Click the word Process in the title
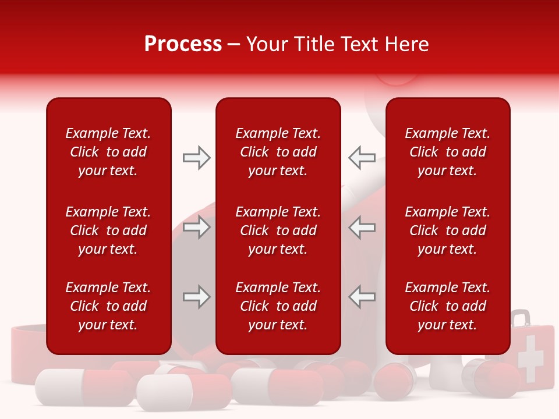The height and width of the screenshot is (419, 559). point(183,44)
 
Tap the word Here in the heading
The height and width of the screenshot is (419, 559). point(406,44)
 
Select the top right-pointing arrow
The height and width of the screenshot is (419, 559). point(197,158)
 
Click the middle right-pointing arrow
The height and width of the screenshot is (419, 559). point(197,227)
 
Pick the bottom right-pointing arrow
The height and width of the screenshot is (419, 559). point(197,297)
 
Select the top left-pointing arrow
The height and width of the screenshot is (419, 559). point(362,158)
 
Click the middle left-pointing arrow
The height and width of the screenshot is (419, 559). point(362,227)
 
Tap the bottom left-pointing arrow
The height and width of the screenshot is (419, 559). point(362,297)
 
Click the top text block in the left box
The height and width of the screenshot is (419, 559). point(108,152)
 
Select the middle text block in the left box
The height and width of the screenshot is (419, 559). point(108,230)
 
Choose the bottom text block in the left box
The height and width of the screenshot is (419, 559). point(108,306)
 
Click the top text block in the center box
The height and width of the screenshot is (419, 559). point(278,152)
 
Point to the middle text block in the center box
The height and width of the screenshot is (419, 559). point(278,230)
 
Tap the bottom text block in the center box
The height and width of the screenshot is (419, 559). point(278,306)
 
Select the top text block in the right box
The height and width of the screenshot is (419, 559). point(447,152)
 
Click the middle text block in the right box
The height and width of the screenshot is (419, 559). point(447,230)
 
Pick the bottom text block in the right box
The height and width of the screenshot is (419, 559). point(447,306)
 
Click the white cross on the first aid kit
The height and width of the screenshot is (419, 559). point(529,358)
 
